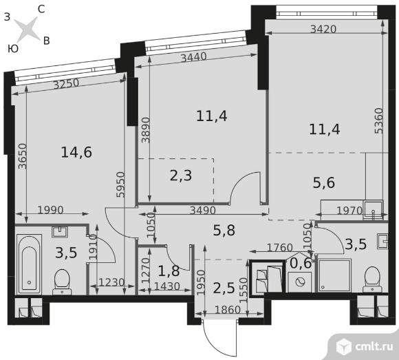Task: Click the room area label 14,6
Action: point(76,152)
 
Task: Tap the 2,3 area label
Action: point(181,176)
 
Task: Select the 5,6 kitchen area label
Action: point(324,182)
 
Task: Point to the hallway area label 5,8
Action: point(224,230)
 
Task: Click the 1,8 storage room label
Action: point(169,271)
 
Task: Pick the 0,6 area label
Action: point(301,263)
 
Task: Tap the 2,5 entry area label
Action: point(224,288)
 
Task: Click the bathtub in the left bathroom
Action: point(29,264)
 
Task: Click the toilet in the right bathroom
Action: point(372,279)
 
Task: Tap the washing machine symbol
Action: point(300,282)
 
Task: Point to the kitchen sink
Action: point(374,210)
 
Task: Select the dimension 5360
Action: point(378,120)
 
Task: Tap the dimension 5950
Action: point(120,184)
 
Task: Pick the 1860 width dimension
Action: point(228,310)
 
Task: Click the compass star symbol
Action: point(27,30)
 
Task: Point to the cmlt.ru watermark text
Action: point(374,346)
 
